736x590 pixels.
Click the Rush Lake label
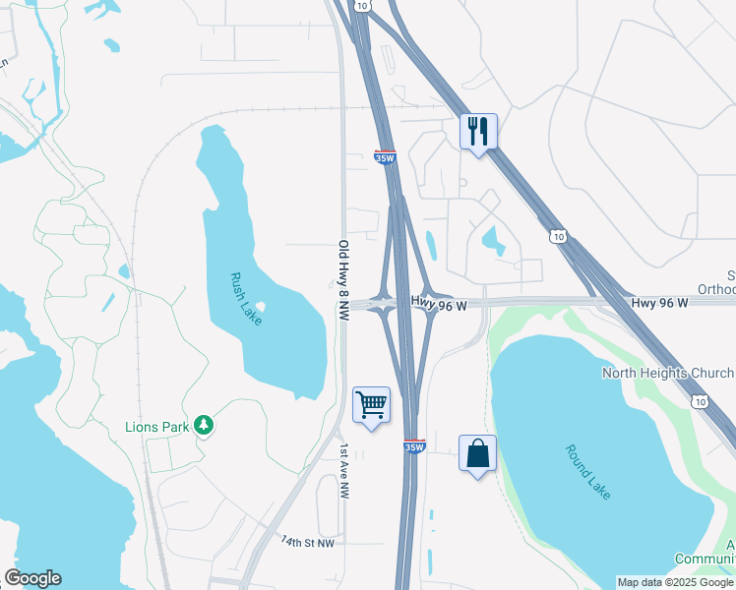coord(247,300)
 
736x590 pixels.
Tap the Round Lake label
coord(588,472)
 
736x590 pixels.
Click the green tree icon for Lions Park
coord(204,425)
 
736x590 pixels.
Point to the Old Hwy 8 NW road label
coord(343,281)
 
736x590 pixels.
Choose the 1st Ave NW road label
coord(344,469)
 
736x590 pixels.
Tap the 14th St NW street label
coord(307,542)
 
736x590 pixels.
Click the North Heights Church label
coord(668,373)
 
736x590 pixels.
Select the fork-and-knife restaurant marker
coord(478,131)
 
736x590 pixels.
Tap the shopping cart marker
coord(371,404)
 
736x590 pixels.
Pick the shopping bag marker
coord(477,454)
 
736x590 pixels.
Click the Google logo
coord(32,578)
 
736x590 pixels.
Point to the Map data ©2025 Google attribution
coord(675,582)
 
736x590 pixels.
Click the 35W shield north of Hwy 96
coord(386,156)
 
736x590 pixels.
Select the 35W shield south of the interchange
coord(414,446)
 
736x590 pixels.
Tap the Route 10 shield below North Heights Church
coord(700,401)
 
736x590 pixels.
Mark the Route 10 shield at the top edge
coord(364,6)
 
